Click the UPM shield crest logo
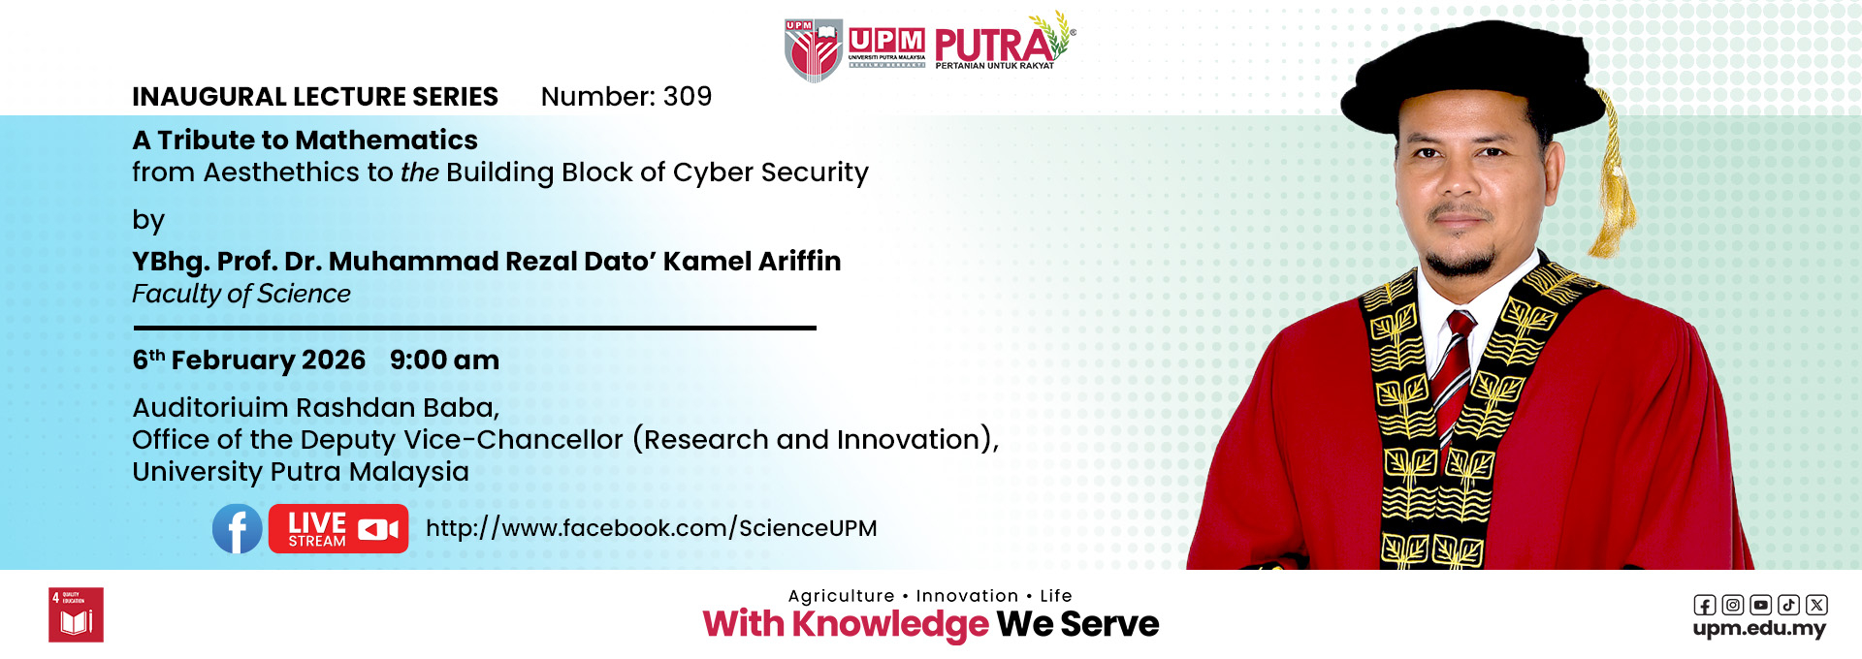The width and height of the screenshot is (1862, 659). (x=814, y=50)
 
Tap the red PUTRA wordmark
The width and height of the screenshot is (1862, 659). (x=994, y=45)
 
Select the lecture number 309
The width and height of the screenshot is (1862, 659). (x=688, y=96)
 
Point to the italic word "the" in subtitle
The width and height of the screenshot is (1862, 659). (x=420, y=173)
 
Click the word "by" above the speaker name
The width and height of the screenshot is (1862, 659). (x=148, y=221)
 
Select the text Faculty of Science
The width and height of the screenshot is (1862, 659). (x=241, y=294)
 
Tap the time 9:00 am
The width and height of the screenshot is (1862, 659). (x=444, y=360)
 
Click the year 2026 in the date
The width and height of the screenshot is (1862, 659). (x=334, y=360)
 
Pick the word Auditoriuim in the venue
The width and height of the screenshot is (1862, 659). (x=210, y=407)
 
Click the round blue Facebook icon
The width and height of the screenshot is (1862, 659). (x=238, y=529)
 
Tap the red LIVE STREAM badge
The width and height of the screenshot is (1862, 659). (x=338, y=529)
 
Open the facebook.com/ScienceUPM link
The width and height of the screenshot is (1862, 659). (x=652, y=528)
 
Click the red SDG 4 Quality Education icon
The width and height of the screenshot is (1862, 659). (x=76, y=614)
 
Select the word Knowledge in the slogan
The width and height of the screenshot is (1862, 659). (x=890, y=625)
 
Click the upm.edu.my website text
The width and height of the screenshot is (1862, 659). (x=1759, y=628)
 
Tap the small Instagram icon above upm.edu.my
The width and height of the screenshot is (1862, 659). (x=1733, y=605)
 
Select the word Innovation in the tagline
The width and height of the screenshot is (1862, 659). (x=967, y=596)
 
